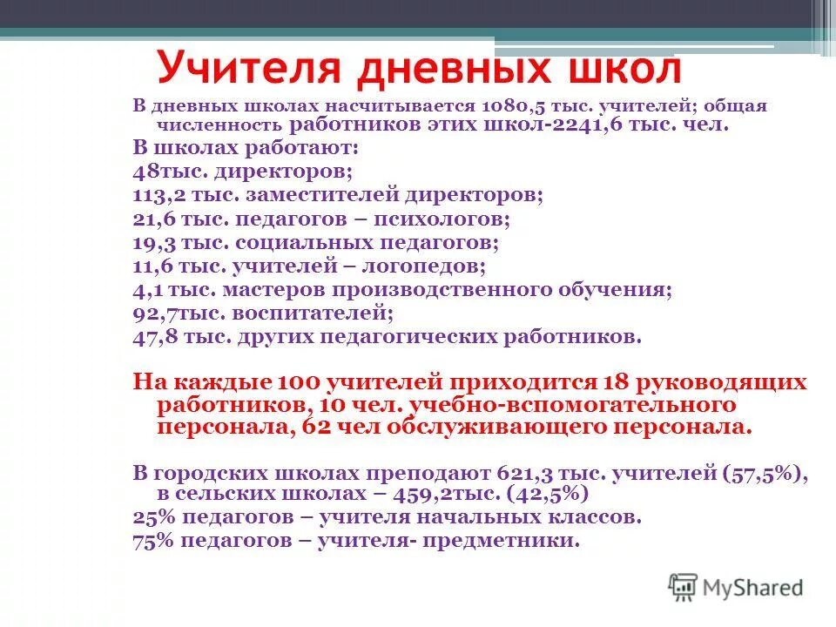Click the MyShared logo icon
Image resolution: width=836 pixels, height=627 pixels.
(x=684, y=588)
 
